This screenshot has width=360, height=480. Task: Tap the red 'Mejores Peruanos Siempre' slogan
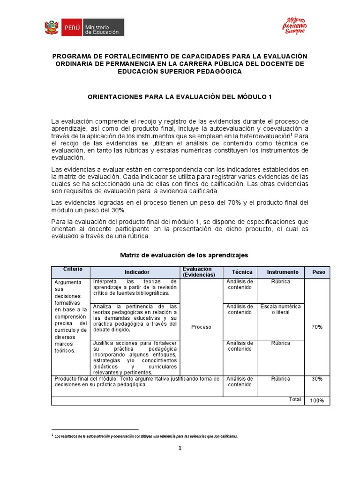pos(294,26)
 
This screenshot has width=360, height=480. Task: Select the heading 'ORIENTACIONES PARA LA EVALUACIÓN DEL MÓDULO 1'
pos(180,97)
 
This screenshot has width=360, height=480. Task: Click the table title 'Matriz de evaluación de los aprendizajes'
pos(184,255)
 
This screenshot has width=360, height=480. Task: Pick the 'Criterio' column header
pos(73,269)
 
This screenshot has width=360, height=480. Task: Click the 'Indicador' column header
pos(137,272)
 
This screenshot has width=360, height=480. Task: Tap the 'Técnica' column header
pos(242,272)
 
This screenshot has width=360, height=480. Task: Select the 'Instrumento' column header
pos(283,272)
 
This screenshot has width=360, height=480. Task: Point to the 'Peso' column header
pos(318,272)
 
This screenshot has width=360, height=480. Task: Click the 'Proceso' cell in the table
pos(201,327)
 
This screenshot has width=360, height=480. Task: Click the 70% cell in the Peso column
pos(317,327)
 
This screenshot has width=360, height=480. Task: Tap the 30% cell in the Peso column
pos(317,379)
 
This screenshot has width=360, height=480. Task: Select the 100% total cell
pos(317,400)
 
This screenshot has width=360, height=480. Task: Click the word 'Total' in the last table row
pos(295,399)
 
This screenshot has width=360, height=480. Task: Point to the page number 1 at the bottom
pos(180,448)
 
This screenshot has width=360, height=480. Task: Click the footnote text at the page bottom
pos(146,436)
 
